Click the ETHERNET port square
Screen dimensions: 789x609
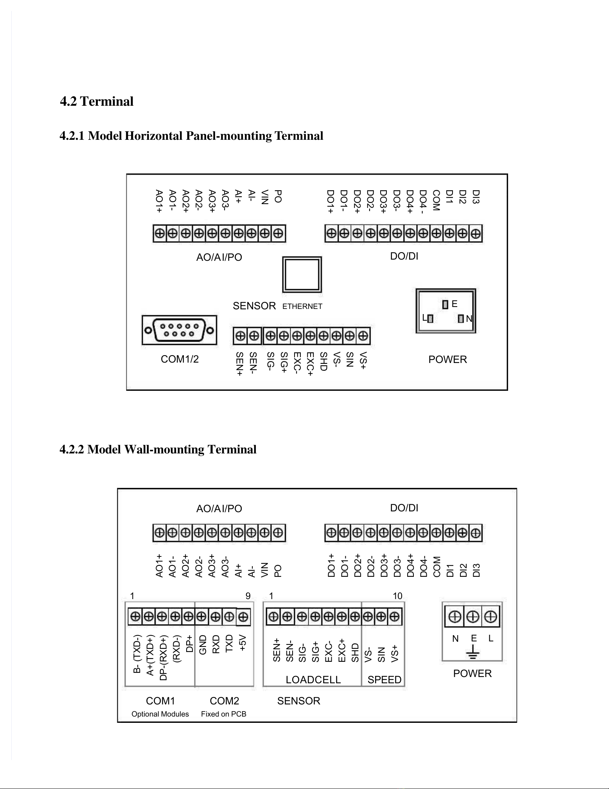(x=302, y=274)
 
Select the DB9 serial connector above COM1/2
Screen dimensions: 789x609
(x=179, y=330)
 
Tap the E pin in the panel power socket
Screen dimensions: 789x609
(x=445, y=304)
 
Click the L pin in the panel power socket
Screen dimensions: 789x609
(x=430, y=318)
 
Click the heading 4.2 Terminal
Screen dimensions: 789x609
(x=97, y=101)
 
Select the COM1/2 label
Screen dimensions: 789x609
(x=180, y=359)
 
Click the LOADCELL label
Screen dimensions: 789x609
(x=313, y=680)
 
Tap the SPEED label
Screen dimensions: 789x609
(x=384, y=680)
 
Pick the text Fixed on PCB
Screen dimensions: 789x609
(x=223, y=714)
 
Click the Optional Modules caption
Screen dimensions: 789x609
(x=160, y=714)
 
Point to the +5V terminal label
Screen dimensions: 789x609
(x=243, y=643)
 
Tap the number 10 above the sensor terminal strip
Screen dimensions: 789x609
(x=397, y=596)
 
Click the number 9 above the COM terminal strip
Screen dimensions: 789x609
(x=248, y=596)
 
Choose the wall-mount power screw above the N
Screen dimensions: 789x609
(x=454, y=617)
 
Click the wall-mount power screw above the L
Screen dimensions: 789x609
(x=491, y=617)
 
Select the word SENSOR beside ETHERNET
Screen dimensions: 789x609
(x=254, y=306)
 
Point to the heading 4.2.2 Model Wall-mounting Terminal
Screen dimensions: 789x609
(x=158, y=449)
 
